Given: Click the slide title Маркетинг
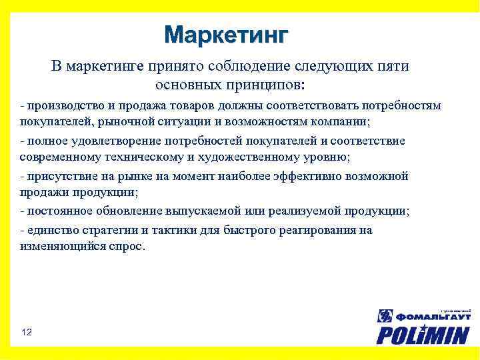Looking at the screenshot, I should click(227, 34).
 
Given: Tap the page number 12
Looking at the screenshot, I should click(27, 332).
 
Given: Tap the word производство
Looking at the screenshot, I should click(59, 106).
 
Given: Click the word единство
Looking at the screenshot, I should click(49, 230).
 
